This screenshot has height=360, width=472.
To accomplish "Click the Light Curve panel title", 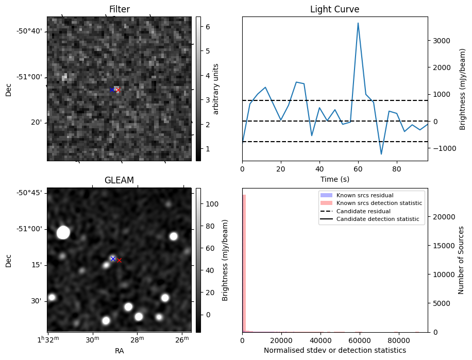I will [334, 9].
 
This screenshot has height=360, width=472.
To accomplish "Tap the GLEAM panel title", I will [119, 180].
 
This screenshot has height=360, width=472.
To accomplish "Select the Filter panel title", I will [119, 9].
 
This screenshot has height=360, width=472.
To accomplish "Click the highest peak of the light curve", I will [358, 23].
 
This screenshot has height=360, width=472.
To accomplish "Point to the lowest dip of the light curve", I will [381, 154].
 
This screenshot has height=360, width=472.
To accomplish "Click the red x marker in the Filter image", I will [118, 90].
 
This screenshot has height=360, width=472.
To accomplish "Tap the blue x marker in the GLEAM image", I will [113, 259].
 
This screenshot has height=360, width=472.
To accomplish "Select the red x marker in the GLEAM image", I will [119, 261].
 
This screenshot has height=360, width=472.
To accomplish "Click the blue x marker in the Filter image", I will [111, 90].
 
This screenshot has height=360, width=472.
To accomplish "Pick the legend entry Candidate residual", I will [360, 212].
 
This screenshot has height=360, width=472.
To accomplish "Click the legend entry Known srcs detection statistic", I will [379, 203].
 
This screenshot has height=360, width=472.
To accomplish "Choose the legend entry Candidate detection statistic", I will [378, 220].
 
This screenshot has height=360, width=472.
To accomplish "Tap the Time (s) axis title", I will [334, 179].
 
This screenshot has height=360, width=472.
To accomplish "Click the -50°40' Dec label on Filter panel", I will [29, 31].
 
